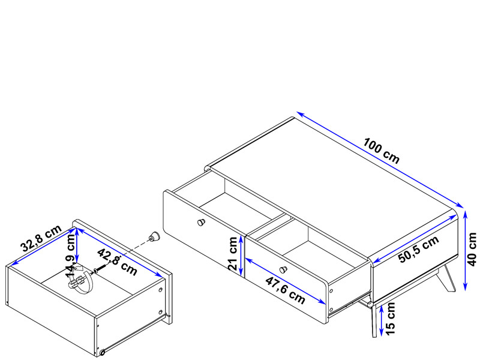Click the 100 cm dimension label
[x=382, y=151]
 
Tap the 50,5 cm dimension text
[x=418, y=249]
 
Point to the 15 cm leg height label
[x=391, y=319]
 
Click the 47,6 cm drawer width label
[x=286, y=290]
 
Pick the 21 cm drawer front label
[x=233, y=253]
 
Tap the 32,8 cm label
[x=41, y=238]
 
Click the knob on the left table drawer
[x=201, y=222]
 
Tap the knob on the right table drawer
[x=283, y=269]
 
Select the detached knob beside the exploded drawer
[x=154, y=236]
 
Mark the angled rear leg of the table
[x=445, y=278]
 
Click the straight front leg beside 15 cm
[x=374, y=321]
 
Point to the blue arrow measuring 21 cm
[x=241, y=254]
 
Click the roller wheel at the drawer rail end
[x=102, y=352]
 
